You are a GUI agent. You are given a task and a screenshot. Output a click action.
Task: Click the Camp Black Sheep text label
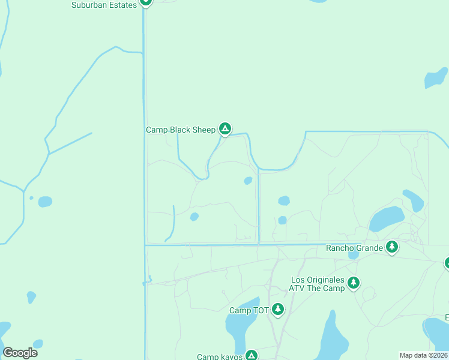pos(180,130)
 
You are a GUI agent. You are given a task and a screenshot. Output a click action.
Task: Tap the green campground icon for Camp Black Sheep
pos(224,128)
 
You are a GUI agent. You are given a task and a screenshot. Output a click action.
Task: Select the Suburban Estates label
pos(104,5)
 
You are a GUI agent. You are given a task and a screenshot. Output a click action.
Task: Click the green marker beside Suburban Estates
pos(145,2)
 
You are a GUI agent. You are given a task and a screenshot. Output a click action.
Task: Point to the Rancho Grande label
pos(354,247)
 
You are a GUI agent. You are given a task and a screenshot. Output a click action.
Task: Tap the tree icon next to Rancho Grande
pos(392,247)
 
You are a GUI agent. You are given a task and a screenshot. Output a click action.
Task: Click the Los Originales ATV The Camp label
pos(318,284)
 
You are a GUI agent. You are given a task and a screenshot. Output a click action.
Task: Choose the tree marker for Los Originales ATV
pos(354,283)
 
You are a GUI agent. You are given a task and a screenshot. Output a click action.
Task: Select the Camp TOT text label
pos(249,310)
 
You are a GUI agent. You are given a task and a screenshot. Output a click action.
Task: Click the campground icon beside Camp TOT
pos(277,310)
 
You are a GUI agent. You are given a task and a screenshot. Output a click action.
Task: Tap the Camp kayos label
pos(219,356)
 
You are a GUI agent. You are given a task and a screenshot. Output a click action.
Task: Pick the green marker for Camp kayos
pos(251,355)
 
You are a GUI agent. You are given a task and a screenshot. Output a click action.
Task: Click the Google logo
pos(20,353)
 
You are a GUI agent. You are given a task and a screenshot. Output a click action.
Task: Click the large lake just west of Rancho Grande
pos(386,220)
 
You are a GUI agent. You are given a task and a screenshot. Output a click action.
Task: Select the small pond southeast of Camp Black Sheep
pos(248,181)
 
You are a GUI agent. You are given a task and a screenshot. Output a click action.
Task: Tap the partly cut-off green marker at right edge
pos(447,263)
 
